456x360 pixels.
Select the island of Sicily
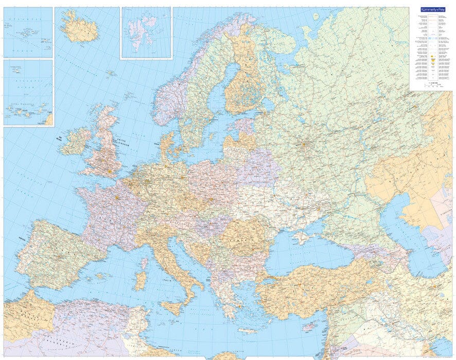[172, 308]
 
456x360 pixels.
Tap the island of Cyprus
[310, 326]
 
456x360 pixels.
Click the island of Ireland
[75, 141]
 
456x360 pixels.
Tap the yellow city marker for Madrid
[61, 256]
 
